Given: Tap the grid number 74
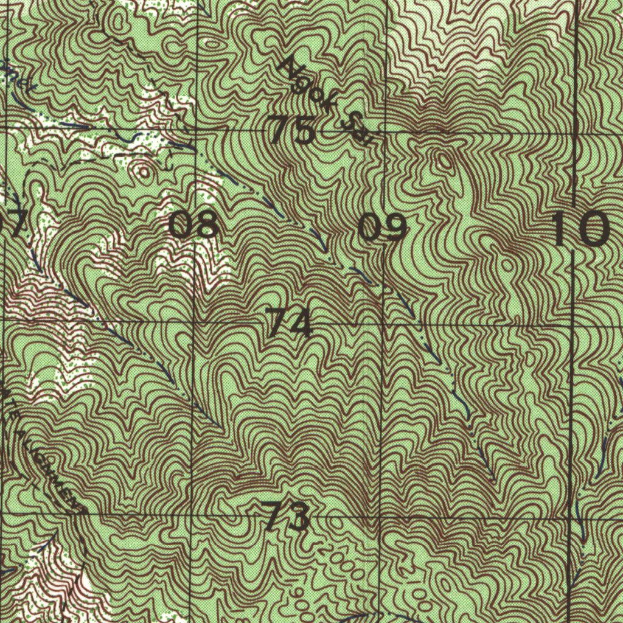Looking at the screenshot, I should pyautogui.click(x=290, y=323).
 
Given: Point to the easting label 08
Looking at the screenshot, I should pyautogui.click(x=193, y=224).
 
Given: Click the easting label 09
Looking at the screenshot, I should pyautogui.click(x=382, y=228).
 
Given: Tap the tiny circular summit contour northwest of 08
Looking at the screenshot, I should pyautogui.click(x=145, y=172).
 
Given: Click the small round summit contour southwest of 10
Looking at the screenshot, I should pyautogui.click(x=507, y=265).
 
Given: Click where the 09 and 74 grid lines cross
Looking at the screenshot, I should pyautogui.click(x=384, y=325).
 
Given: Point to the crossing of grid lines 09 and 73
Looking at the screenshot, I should pyautogui.click(x=381, y=517).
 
